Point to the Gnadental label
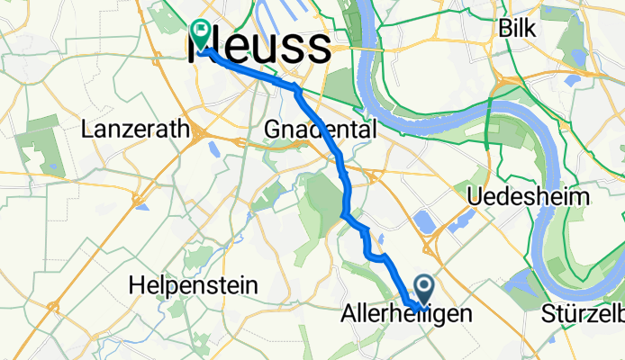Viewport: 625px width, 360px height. [x=321, y=130]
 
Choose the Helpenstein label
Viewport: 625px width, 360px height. [x=193, y=285]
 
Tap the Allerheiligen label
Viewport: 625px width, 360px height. [x=406, y=314]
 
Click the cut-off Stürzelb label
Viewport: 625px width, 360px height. [x=583, y=314]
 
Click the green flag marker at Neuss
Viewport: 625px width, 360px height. [x=200, y=34]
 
